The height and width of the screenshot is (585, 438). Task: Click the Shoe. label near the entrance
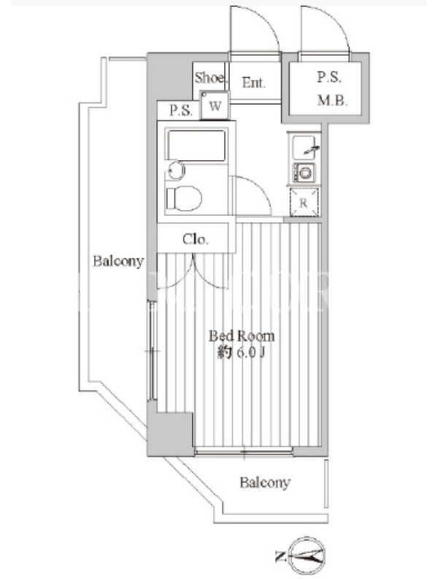tap(210, 78)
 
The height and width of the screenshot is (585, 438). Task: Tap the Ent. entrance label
tap(253, 82)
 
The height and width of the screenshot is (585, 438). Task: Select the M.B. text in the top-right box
tap(332, 100)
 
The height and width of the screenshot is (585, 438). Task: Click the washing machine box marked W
tap(215, 105)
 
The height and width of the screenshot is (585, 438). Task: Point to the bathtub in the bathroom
tap(196, 145)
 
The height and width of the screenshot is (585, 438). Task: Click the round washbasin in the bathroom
tap(176, 170)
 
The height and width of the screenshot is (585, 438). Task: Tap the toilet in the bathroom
tap(184, 198)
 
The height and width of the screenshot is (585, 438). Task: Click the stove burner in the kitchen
tap(305, 173)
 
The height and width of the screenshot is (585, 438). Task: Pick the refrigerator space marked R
tap(304, 203)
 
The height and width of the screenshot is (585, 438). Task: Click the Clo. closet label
tap(195, 239)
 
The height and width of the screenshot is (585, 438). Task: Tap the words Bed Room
tap(242, 336)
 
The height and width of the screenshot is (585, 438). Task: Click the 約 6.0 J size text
tap(242, 352)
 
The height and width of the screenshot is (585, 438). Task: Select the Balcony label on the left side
tap(118, 261)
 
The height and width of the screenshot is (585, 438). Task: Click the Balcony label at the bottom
tap(265, 483)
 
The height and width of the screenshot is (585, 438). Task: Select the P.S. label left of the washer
tap(181, 110)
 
